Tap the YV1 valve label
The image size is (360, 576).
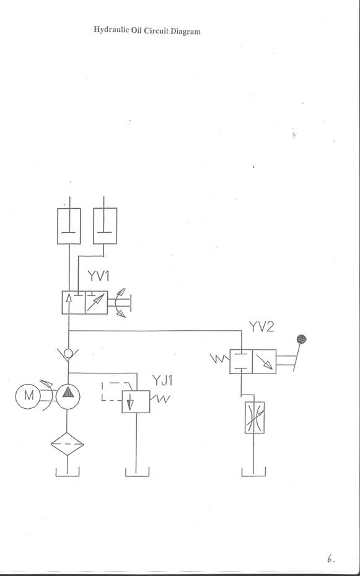click(x=99, y=276)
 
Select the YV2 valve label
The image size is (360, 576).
click(x=261, y=326)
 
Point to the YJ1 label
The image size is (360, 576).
click(x=162, y=381)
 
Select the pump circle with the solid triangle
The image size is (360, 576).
click(x=68, y=396)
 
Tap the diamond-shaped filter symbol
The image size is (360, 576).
click(x=67, y=443)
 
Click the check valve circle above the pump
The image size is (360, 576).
click(x=68, y=354)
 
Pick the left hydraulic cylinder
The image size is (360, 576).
click(x=69, y=226)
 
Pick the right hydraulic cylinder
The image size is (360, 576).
click(x=105, y=226)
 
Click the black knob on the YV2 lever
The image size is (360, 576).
click(x=301, y=339)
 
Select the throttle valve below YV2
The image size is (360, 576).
click(x=255, y=417)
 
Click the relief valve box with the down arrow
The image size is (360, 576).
click(x=136, y=401)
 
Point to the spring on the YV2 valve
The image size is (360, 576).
click(x=220, y=358)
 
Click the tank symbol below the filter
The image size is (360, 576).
click(x=68, y=472)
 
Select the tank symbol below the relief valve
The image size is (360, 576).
click(x=137, y=472)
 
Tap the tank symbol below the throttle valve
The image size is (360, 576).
click(x=253, y=472)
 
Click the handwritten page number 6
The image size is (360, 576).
click(x=331, y=559)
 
